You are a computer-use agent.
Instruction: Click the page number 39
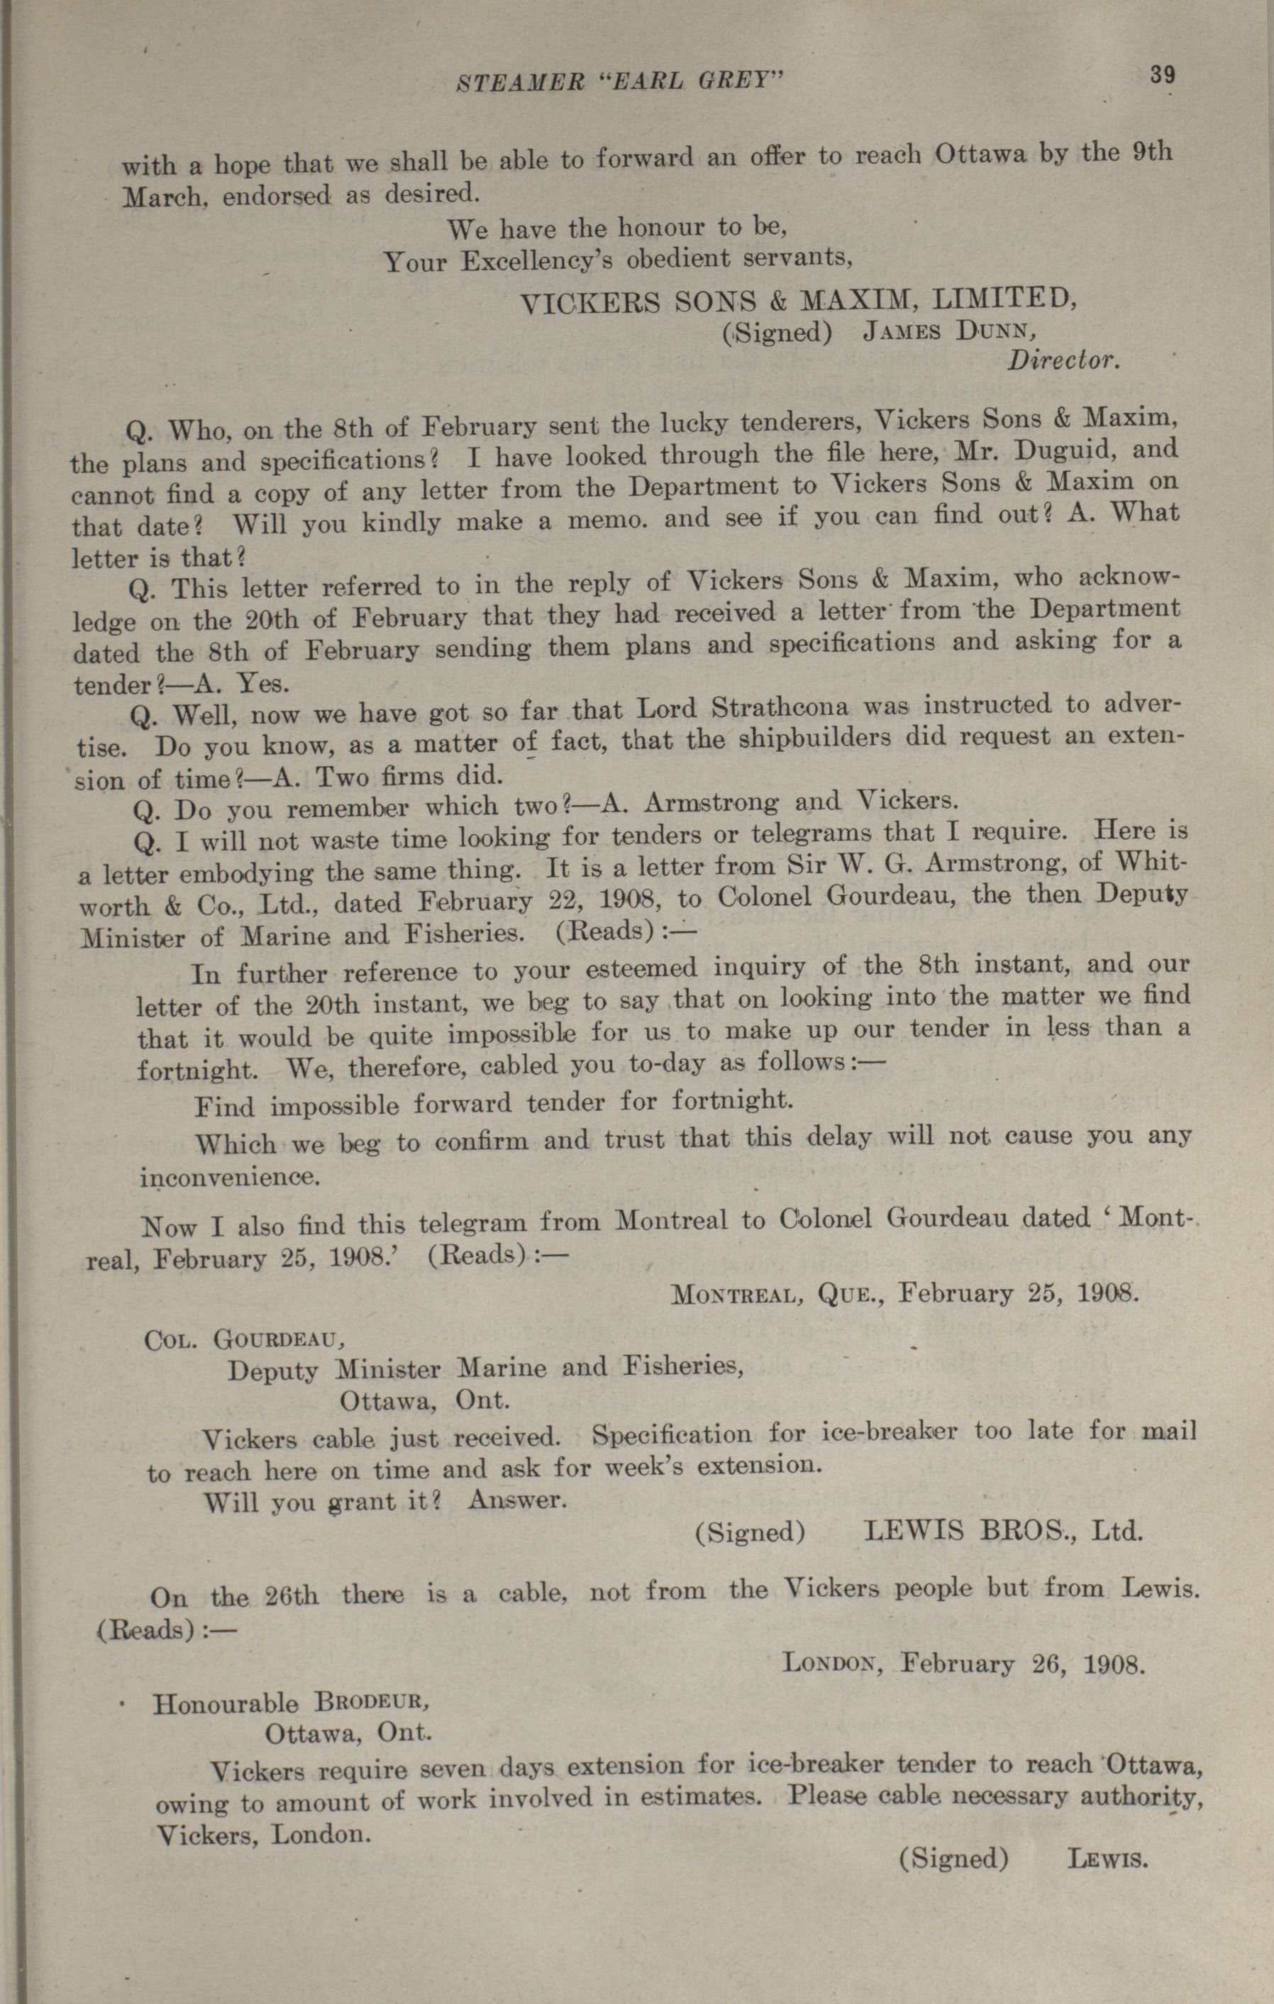pos(1163,75)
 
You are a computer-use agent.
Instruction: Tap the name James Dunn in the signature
pos(949,331)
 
